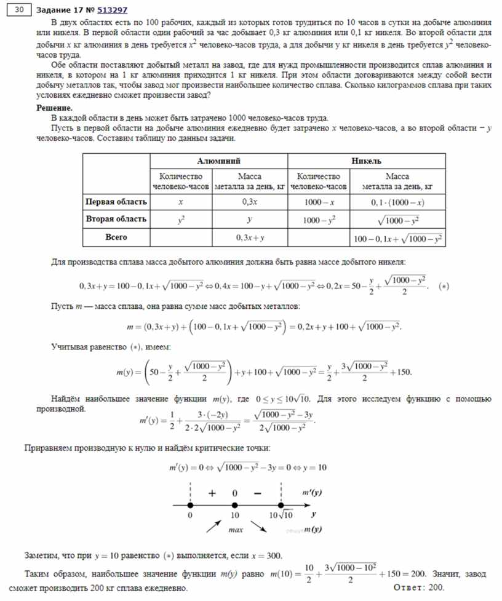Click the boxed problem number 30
[19, 10]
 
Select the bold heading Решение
[54, 108]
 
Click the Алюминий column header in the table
[219, 161]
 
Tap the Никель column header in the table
[367, 161]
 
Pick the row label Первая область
[116, 202]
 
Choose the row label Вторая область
[116, 219]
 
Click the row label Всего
[116, 236]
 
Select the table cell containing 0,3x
[249, 202]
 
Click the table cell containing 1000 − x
[319, 202]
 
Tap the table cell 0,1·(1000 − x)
[398, 202]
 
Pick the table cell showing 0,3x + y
[249, 237]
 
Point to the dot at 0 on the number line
[190, 505]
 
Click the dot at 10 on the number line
[234, 505]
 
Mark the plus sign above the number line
[212, 493]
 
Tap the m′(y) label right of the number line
[313, 493]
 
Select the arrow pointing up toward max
[213, 525]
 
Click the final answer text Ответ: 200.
[418, 588]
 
